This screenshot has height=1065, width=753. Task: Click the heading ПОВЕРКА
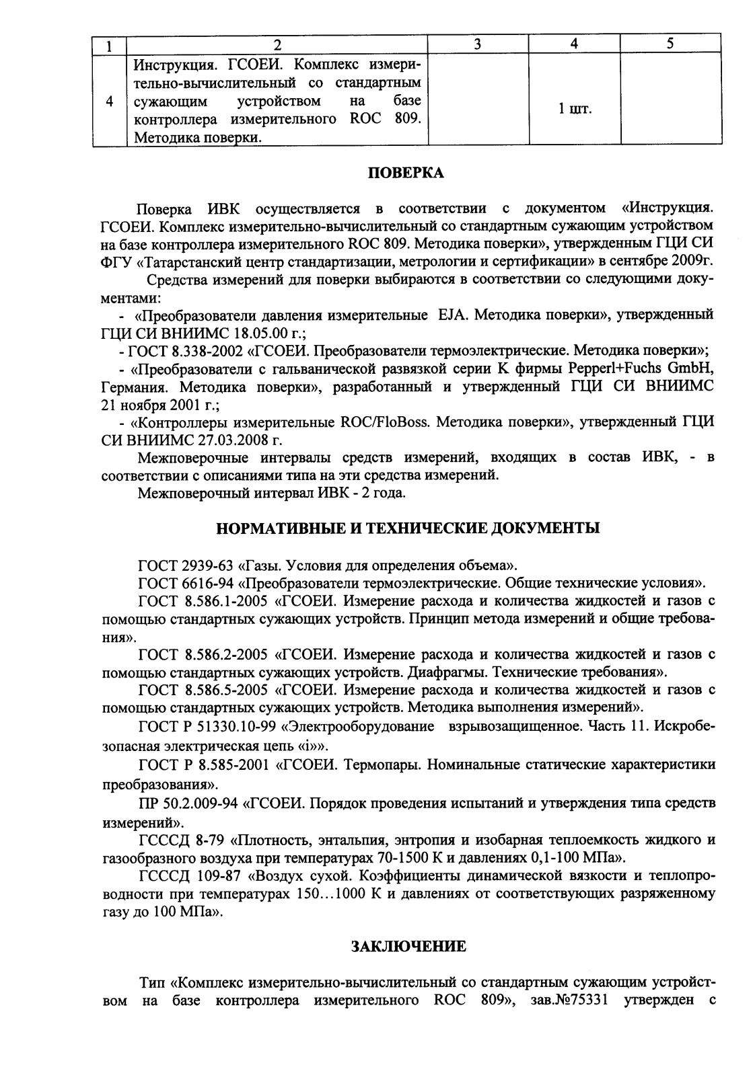406,173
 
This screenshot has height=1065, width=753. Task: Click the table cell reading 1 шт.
575,109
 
